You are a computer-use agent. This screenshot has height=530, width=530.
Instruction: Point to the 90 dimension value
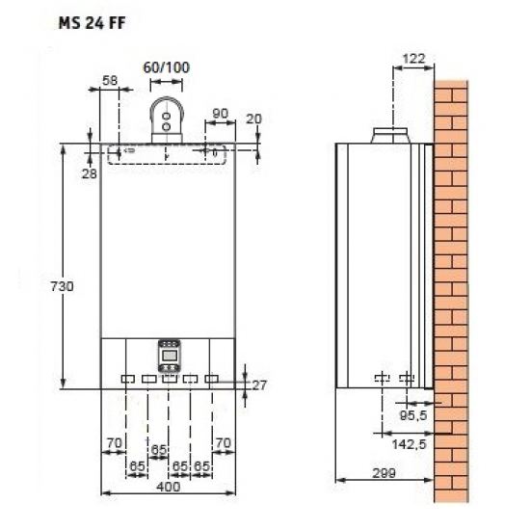[220, 114]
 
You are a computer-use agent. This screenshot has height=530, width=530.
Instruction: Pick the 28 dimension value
[90, 173]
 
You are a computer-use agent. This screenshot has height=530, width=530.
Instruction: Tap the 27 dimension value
[258, 385]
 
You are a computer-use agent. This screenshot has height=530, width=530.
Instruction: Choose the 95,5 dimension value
[411, 414]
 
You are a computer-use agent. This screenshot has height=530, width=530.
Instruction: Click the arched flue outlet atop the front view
[168, 119]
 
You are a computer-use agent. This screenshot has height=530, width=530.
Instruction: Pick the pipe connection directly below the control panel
[169, 379]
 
